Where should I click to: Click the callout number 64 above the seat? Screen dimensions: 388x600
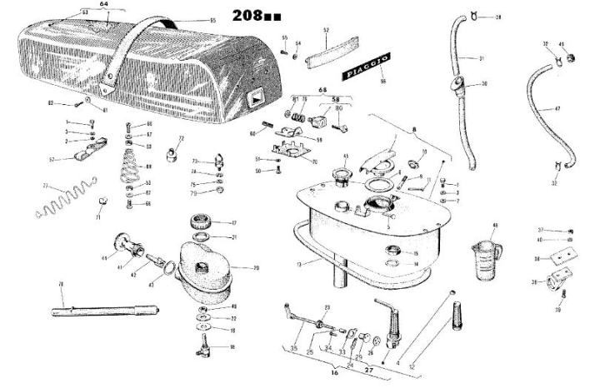105,4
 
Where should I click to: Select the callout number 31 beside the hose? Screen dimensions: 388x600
481,57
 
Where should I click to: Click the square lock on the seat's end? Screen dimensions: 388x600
254,97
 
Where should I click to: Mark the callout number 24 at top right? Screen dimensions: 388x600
498,16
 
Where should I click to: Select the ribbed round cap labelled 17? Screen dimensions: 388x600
203,221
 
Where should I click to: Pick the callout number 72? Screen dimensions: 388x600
181,138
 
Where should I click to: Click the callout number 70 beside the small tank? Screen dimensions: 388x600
256,267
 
